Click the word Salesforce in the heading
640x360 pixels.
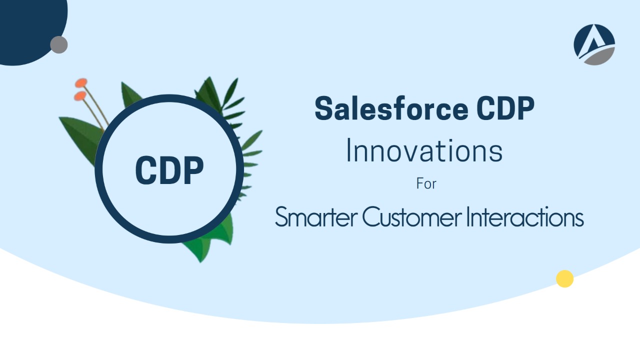[391, 108]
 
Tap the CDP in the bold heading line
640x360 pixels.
[505, 108]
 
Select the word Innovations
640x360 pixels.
[424, 150]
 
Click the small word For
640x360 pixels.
[426, 183]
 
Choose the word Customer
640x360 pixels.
[412, 216]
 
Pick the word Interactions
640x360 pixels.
[525, 216]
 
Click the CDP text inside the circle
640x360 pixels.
[169, 170]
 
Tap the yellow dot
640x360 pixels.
[564, 278]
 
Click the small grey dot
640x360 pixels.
[59, 44]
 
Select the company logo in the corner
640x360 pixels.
[594, 44]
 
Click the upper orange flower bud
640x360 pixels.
[81, 82]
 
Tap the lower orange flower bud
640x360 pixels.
[80, 95]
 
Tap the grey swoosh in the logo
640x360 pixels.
[598, 56]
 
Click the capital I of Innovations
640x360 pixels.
[348, 150]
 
